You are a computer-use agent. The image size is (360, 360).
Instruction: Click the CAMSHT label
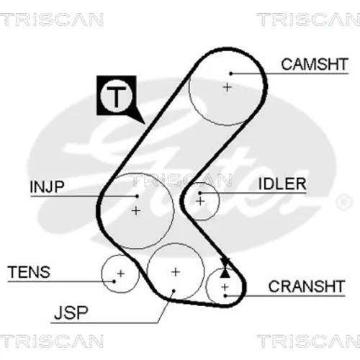(315, 64)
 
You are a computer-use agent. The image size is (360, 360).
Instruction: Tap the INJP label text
(48, 186)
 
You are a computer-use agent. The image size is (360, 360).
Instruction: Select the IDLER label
(282, 184)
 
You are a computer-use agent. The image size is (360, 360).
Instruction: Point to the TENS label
(29, 272)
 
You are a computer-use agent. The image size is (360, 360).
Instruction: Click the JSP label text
(71, 312)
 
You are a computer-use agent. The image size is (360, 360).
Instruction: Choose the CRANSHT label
(307, 286)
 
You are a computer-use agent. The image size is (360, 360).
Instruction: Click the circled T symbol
(117, 96)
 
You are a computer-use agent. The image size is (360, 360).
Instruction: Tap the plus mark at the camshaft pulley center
(228, 87)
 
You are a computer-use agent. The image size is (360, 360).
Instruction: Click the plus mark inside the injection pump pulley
(136, 211)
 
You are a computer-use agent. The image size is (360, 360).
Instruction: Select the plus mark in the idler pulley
(200, 201)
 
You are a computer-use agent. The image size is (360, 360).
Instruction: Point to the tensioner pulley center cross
(121, 274)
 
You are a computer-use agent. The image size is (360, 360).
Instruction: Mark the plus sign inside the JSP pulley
(176, 272)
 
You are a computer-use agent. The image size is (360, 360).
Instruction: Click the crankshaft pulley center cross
(225, 287)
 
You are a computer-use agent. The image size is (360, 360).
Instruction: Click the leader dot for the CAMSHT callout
(231, 73)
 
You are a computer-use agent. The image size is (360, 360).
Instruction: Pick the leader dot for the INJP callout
(137, 197)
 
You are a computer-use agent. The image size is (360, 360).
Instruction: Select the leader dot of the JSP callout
(174, 291)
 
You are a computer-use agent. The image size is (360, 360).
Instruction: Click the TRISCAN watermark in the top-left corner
(52, 19)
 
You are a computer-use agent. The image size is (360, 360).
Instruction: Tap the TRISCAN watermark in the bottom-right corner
(309, 341)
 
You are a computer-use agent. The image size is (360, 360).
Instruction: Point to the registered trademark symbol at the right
(344, 202)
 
